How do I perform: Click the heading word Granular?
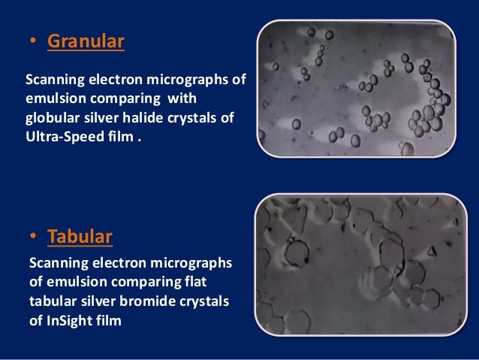click(x=86, y=41)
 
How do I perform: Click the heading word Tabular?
click(x=80, y=237)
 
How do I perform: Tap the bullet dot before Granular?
click(x=32, y=42)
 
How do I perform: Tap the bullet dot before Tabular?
click(x=32, y=237)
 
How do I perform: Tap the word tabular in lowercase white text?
click(x=52, y=301)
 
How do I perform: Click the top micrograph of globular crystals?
click(x=357, y=88)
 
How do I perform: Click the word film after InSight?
click(x=107, y=321)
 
